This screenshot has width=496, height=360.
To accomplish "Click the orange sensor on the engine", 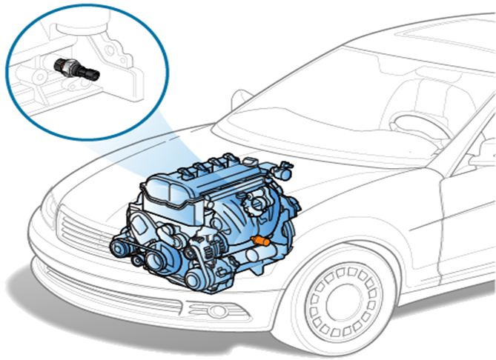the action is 259,241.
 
